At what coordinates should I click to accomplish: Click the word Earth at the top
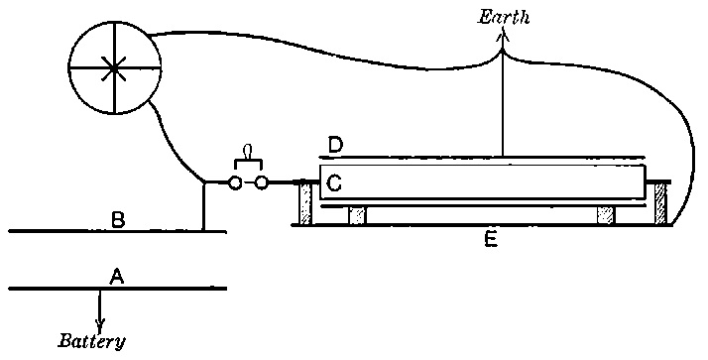click(x=504, y=17)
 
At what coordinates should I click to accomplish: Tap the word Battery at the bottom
click(x=91, y=342)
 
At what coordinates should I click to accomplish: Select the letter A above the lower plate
click(x=116, y=279)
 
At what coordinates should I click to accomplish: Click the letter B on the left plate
click(x=117, y=220)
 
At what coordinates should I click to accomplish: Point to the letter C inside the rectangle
click(x=334, y=183)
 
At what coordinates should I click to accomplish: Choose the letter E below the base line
click(x=489, y=239)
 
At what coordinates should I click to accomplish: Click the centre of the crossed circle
click(x=115, y=66)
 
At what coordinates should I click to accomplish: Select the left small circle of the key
click(x=236, y=182)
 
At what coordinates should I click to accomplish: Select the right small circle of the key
click(x=262, y=182)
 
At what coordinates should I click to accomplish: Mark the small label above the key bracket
click(x=249, y=150)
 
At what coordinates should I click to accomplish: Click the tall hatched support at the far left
click(x=306, y=203)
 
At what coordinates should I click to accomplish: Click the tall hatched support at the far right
click(x=659, y=203)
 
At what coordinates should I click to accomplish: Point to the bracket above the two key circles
click(x=249, y=164)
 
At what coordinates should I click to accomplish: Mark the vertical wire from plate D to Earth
click(x=504, y=99)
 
